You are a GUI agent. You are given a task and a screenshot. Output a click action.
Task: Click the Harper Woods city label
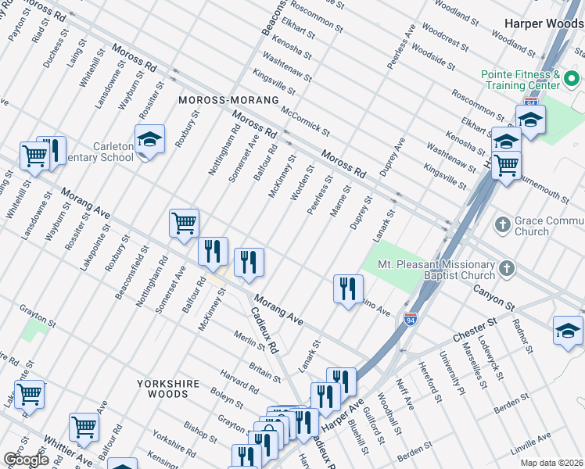click(544, 23)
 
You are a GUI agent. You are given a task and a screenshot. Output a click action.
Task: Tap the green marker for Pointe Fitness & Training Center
click(571, 79)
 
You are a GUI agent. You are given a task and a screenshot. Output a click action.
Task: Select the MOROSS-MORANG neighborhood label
click(228, 101)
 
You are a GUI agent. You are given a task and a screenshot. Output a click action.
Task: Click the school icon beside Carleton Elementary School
click(149, 140)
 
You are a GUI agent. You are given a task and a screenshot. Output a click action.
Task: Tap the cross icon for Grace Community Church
click(503, 225)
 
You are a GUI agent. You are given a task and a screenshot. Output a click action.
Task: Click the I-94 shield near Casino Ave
click(411, 319)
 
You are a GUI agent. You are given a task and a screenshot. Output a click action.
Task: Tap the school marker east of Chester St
click(568, 330)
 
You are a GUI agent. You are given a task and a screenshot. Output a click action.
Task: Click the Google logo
click(25, 459)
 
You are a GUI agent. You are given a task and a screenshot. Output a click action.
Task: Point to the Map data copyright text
click(552, 462)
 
